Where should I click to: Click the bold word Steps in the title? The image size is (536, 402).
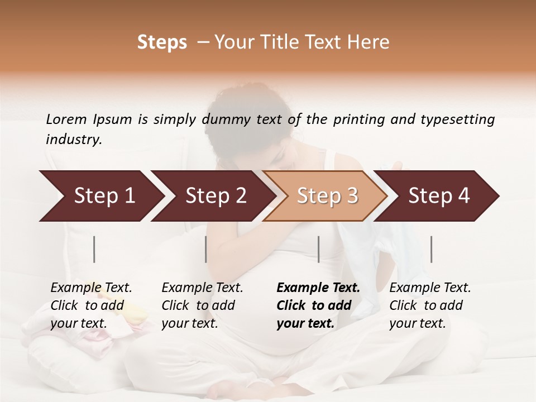pyautogui.click(x=162, y=42)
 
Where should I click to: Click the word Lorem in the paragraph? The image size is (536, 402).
pyautogui.click(x=66, y=119)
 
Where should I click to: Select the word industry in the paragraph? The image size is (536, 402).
pyautogui.click(x=73, y=139)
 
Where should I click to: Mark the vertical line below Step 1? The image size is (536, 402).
pyautogui.click(x=94, y=249)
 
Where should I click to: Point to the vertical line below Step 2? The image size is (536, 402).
pyautogui.click(x=206, y=249)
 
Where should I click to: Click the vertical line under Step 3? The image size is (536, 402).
pyautogui.click(x=318, y=249)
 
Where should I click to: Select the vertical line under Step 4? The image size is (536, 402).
pyautogui.click(x=431, y=249)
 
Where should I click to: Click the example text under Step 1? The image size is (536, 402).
pyautogui.click(x=91, y=305)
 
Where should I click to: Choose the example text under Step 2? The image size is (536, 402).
pyautogui.click(x=202, y=305)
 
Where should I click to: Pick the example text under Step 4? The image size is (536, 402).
pyautogui.click(x=430, y=305)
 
